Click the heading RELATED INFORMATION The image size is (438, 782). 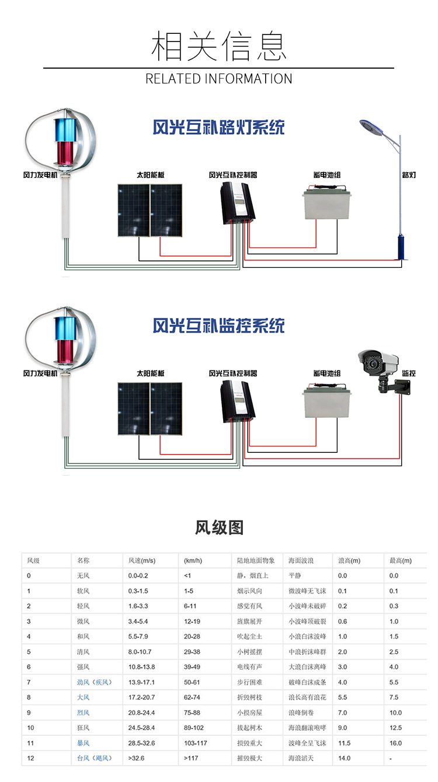pos(219,79)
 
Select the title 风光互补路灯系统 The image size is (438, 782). pos(219,127)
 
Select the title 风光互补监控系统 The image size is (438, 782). pos(219,325)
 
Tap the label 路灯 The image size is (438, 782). pos(409,175)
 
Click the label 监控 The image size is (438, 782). pos(409,373)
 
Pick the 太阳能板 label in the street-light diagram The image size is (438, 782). pos(151,175)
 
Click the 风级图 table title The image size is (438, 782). pos(219,528)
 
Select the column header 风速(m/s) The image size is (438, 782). pos(142,561)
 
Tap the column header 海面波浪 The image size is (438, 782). pos(301,561)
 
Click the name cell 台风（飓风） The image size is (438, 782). pos(93,758)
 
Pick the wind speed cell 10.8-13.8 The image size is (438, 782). pos(141,667)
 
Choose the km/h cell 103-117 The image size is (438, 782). pos(196,743)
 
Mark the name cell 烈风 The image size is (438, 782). pos(83,713)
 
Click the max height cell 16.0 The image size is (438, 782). pos(396,743)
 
